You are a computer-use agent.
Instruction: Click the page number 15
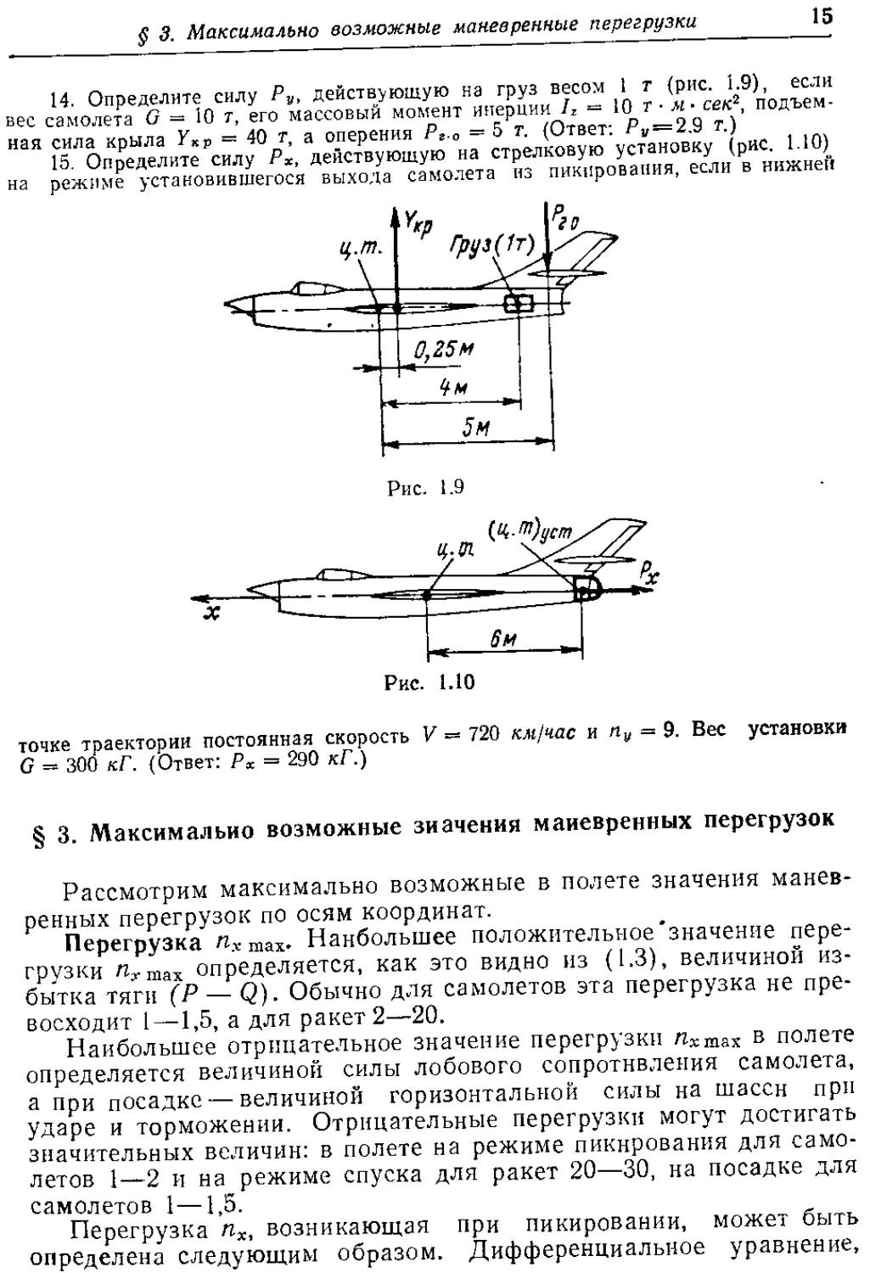[x=821, y=16]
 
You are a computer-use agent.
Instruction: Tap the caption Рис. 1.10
[x=429, y=682]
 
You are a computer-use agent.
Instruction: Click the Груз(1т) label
[x=491, y=248]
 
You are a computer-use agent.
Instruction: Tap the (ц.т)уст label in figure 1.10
[x=530, y=533]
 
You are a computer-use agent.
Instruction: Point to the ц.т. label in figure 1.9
[x=362, y=252]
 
